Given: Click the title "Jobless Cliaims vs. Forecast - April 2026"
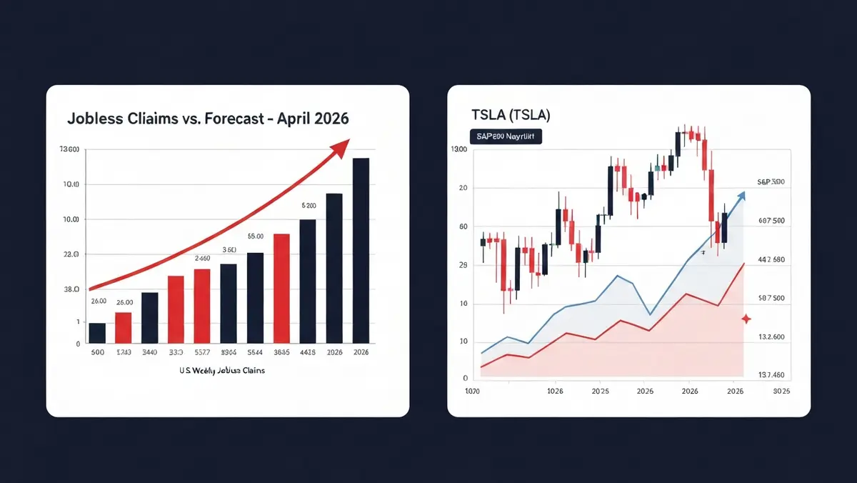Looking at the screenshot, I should tap(208, 119).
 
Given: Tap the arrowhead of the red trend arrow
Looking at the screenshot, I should tap(340, 147).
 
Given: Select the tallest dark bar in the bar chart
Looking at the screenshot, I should tap(361, 250).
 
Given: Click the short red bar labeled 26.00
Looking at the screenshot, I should tap(124, 327).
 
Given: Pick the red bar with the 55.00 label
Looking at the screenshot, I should tap(281, 289).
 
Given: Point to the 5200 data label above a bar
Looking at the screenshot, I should tap(309, 205).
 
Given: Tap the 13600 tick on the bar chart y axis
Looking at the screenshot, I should tap(69, 149).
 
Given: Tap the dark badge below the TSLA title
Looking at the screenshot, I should tap(505, 136).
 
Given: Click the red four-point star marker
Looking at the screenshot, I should tap(746, 319).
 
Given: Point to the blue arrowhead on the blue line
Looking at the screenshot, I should tap(741, 195).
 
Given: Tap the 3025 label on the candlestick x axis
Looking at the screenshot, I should tap(781, 391).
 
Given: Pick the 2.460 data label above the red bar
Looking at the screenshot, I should tap(202, 259).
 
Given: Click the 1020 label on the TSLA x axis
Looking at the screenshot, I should tap(473, 391).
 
